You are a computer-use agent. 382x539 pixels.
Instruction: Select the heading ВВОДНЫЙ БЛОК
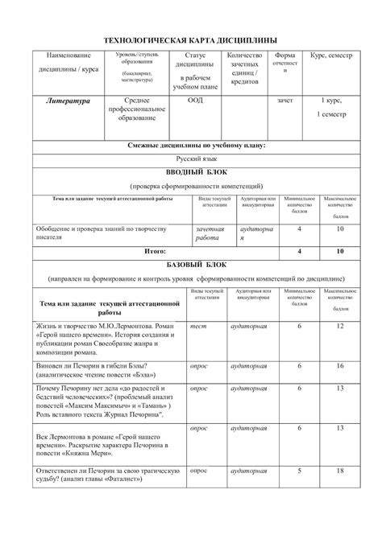point(192,172)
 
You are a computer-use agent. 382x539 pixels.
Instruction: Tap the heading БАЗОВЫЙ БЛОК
point(192,263)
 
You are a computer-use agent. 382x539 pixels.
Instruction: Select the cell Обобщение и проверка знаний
point(102,232)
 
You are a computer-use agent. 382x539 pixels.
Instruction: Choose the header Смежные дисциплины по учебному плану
point(192,145)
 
